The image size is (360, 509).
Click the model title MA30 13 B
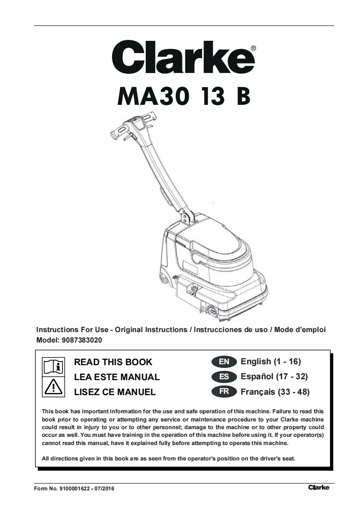pyautogui.click(x=183, y=96)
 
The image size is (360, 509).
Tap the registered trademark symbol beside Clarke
pyautogui.click(x=253, y=47)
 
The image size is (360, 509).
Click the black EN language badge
pyautogui.click(x=224, y=362)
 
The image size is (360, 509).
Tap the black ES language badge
pyautogui.click(x=224, y=377)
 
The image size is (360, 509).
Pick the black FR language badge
pyautogui.click(x=224, y=392)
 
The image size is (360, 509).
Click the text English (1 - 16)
pyautogui.click(x=271, y=362)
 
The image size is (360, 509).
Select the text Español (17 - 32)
pyautogui.click(x=274, y=377)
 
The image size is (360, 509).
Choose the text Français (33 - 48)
pyautogui.click(x=275, y=392)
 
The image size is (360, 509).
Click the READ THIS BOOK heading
pyautogui.click(x=113, y=362)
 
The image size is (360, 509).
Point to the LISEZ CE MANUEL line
pyautogui.click(x=115, y=392)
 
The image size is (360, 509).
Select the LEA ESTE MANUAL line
pyautogui.click(x=117, y=377)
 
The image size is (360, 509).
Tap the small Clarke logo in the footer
pyautogui.click(x=319, y=488)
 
